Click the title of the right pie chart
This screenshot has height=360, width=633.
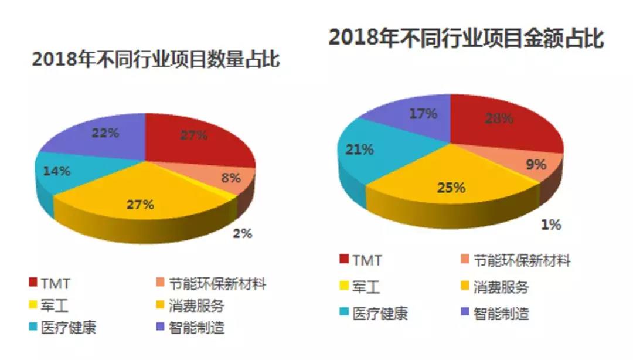point(466,38)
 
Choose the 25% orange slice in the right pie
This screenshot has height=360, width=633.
point(451,188)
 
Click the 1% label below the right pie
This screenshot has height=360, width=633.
point(551,225)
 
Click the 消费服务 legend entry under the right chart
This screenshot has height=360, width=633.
point(501,287)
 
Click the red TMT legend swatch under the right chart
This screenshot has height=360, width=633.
point(343,260)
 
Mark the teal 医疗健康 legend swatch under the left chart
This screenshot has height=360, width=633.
point(33,326)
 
